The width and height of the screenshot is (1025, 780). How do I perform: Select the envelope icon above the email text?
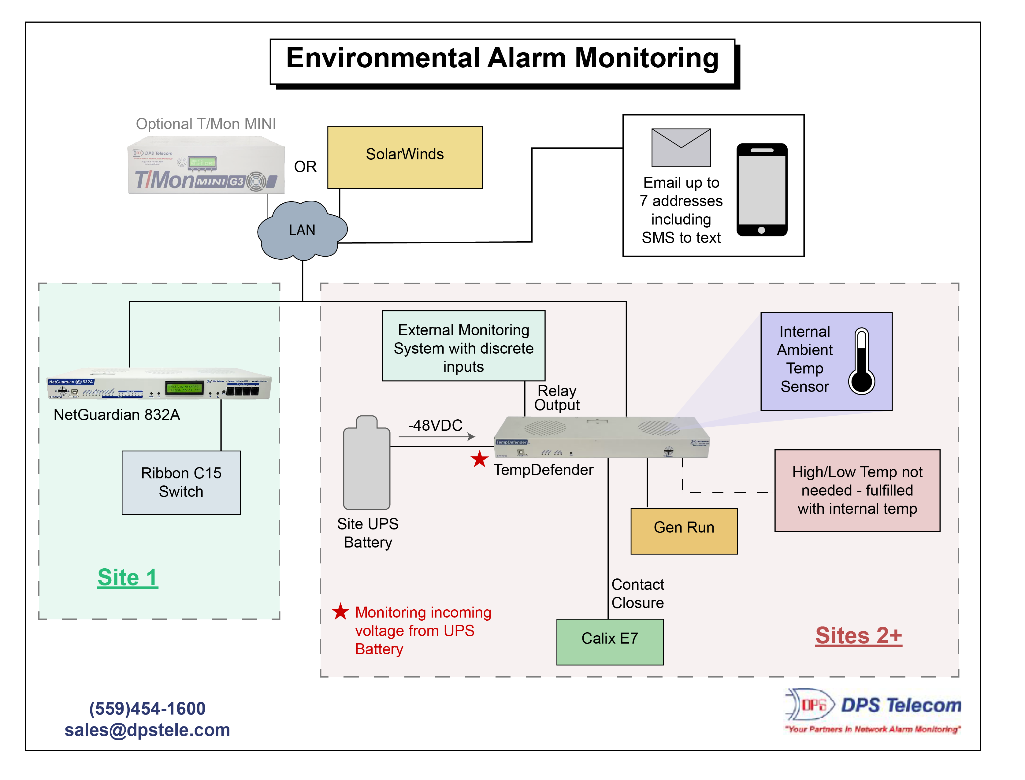coord(681,148)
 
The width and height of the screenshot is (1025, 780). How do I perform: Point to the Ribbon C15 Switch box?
coord(181,482)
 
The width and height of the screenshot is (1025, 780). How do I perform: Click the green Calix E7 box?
coord(610,642)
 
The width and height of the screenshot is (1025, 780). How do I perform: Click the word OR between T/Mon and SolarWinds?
coord(305,167)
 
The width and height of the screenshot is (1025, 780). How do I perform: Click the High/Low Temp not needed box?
coord(857,490)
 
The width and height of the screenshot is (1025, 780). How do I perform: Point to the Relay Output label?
coord(557,398)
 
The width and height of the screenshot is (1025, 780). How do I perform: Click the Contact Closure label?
coord(637,593)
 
